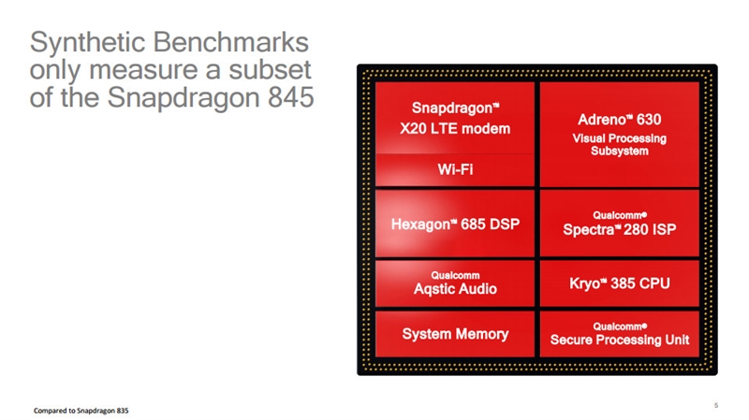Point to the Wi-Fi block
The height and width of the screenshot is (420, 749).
(x=454, y=170)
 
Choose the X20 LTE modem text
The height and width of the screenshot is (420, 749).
(x=454, y=128)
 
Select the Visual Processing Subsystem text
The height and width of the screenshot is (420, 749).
(x=619, y=145)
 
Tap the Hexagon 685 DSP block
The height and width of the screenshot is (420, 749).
(x=454, y=224)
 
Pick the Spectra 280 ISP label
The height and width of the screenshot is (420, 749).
(x=619, y=229)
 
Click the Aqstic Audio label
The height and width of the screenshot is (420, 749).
(x=455, y=290)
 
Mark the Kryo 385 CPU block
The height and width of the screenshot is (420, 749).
(x=619, y=282)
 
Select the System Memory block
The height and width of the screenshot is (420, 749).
(x=455, y=334)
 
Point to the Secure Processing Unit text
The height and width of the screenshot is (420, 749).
(x=619, y=340)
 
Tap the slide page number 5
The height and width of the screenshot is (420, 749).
(x=716, y=405)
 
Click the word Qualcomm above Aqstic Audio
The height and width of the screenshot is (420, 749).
(x=455, y=275)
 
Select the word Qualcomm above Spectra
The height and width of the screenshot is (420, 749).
(x=619, y=215)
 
